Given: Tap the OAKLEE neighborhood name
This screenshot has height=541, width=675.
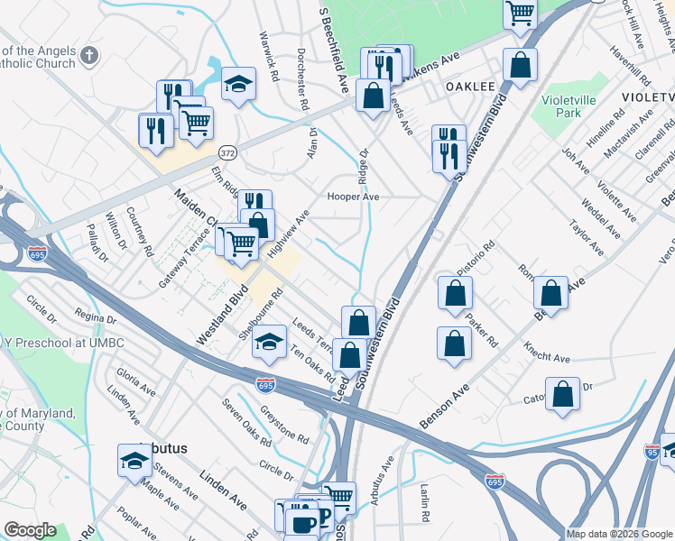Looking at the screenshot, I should [x=470, y=86].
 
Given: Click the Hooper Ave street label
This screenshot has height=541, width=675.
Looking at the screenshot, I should [x=353, y=197].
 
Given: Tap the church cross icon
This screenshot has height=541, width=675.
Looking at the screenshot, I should [x=88, y=56].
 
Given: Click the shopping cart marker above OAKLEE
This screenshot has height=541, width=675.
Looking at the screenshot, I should [x=520, y=14].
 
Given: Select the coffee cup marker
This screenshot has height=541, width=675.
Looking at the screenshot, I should [x=301, y=522].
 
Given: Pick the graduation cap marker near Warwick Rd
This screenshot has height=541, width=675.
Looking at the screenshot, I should [x=237, y=85].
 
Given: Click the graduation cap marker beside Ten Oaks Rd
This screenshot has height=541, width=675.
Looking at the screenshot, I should [x=269, y=344].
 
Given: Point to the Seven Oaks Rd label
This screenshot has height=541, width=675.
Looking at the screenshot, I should [x=247, y=422].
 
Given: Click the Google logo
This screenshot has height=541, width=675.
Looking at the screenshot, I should [x=29, y=530].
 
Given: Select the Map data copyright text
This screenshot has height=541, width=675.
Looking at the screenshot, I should [x=619, y=534].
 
